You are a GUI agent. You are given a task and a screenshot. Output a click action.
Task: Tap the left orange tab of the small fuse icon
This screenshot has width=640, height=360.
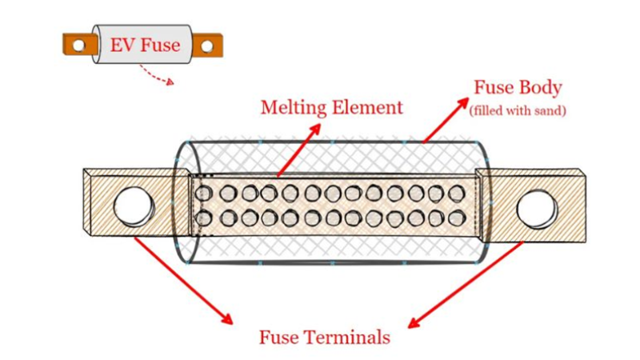pos(77,46)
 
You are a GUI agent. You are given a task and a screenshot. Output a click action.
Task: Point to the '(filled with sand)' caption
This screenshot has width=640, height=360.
pos(518,110)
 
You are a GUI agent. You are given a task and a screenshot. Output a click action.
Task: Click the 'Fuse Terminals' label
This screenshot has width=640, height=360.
pos(324,337)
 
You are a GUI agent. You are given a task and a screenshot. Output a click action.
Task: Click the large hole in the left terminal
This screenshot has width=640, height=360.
pos(134,206)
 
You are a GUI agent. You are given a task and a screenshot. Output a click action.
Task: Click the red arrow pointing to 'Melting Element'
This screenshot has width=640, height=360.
pos(299,148)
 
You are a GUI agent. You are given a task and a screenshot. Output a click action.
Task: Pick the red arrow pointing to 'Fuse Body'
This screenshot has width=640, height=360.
pos(446,120)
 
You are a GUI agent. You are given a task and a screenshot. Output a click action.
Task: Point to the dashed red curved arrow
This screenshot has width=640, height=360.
pos(156,74)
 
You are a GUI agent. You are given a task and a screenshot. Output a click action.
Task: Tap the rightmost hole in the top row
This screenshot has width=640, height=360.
pos(456,193)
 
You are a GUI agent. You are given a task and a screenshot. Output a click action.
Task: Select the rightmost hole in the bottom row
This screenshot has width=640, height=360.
pos(456,218)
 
